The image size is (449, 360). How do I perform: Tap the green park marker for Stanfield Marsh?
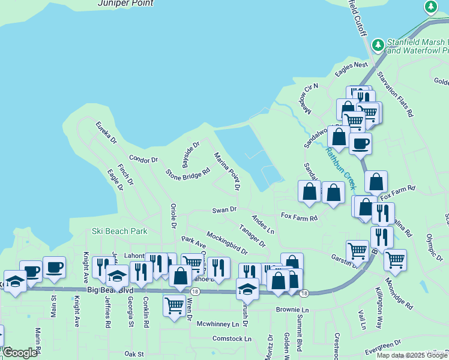tap(378, 45)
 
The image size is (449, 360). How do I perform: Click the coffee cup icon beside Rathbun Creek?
tap(360, 143)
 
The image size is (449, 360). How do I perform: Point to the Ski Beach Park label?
tap(119, 230)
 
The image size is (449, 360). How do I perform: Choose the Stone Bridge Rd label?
tap(188, 174)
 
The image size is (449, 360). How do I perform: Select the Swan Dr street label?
tap(224, 210)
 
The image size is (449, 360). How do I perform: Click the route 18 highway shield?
tap(304, 293)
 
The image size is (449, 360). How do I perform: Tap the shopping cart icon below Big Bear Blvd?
tap(174, 305)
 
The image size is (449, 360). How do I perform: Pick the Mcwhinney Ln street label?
tap(218, 324)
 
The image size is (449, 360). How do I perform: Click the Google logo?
tap(20, 353)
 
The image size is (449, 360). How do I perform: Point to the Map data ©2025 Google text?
tap(411, 355)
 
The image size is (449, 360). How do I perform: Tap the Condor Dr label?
tap(143, 160)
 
